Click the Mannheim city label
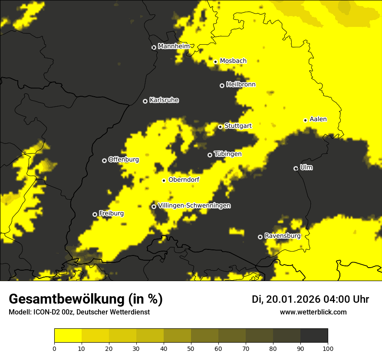coord(174,46)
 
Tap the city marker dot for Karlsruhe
coord(145,101)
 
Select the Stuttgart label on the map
coord(238,126)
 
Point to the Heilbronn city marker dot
coord(222,85)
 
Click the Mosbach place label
coord(233,61)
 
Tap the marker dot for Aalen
coord(305,120)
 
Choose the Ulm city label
coord(306,167)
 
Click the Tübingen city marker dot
coord(210,155)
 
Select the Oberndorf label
coord(184,180)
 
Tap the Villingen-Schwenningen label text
coord(194,206)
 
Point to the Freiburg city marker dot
coord(95,214)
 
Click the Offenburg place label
coord(124,160)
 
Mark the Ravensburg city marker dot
coord(260,237)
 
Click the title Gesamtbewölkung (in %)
coord(86,299)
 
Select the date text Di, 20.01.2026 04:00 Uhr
coord(310,299)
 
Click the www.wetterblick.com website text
coord(313,312)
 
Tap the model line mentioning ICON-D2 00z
coord(79,312)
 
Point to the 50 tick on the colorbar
coord(191,348)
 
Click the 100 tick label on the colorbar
coord(328,348)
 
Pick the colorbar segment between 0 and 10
coord(68,336)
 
